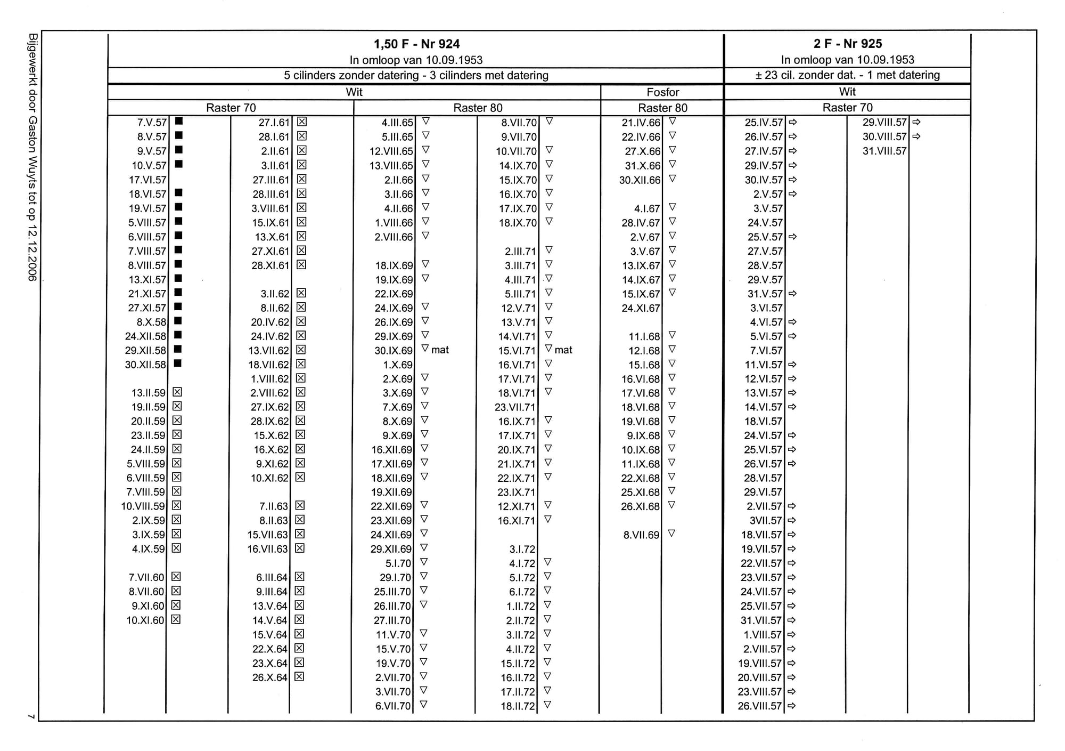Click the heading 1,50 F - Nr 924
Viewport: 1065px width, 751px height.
(416, 44)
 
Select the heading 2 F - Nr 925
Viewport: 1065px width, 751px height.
(847, 44)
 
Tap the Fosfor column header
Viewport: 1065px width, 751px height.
(662, 92)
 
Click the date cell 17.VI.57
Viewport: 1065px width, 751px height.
(148, 180)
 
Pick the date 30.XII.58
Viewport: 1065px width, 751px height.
(145, 365)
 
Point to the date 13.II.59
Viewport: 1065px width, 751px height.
(148, 393)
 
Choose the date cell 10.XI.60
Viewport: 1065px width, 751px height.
(145, 620)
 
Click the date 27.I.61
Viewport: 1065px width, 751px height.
(274, 123)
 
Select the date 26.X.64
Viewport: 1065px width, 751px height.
(269, 678)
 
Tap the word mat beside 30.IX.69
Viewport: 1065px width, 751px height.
(440, 350)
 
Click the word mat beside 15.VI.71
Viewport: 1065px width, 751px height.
(563, 350)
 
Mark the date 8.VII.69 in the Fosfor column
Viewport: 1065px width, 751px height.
(641, 535)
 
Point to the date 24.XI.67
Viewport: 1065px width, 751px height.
(641, 308)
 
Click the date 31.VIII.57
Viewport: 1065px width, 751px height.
(884, 151)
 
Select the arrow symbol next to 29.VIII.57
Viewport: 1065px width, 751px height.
(916, 122)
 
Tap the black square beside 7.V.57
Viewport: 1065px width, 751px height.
(179, 122)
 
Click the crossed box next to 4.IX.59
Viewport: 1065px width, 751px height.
(177, 548)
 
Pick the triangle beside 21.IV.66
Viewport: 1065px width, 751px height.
(672, 122)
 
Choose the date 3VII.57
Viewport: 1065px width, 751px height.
(766, 521)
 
